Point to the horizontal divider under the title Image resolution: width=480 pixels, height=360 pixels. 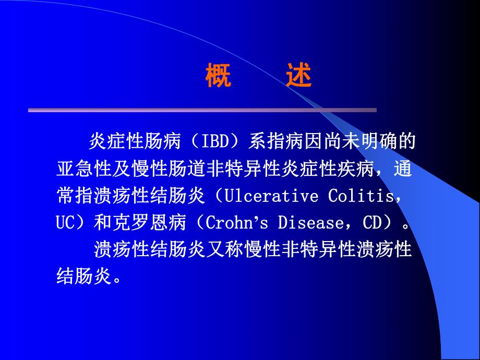coord(202,110)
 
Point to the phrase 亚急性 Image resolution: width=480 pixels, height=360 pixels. coord(83,169)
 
